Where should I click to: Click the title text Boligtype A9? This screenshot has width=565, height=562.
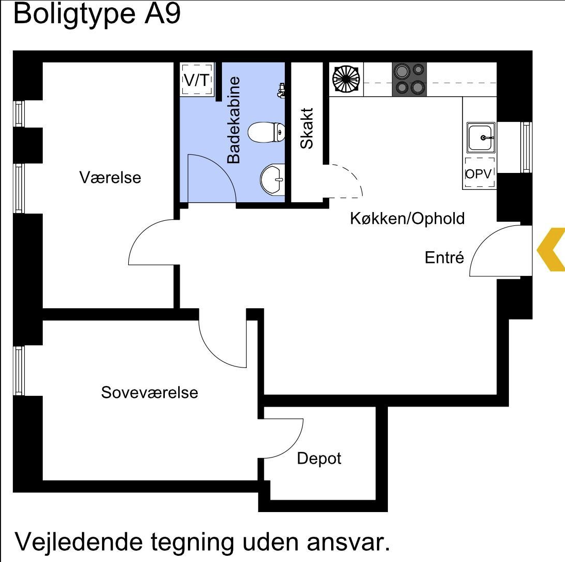click(x=97, y=14)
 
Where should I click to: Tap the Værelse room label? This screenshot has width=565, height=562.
click(x=110, y=178)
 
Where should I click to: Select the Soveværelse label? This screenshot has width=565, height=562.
click(x=149, y=392)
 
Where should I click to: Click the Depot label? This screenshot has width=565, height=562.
click(x=319, y=458)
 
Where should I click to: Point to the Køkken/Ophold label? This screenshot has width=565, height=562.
click(x=407, y=218)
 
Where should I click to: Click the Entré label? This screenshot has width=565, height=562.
click(x=444, y=257)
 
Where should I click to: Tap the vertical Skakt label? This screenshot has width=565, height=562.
click(x=306, y=128)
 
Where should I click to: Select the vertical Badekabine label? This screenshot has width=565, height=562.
click(x=234, y=120)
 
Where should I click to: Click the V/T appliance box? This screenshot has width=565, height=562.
click(x=197, y=80)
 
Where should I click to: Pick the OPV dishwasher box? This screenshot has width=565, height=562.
click(x=480, y=173)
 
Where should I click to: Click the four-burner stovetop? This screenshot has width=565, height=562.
click(x=409, y=79)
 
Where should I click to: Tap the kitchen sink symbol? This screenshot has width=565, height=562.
click(x=481, y=137)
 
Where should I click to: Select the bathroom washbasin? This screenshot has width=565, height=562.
click(x=272, y=180)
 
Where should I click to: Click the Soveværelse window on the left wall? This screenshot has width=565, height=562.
click(x=19, y=371)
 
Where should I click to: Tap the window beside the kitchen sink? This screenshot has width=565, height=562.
click(x=526, y=147)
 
